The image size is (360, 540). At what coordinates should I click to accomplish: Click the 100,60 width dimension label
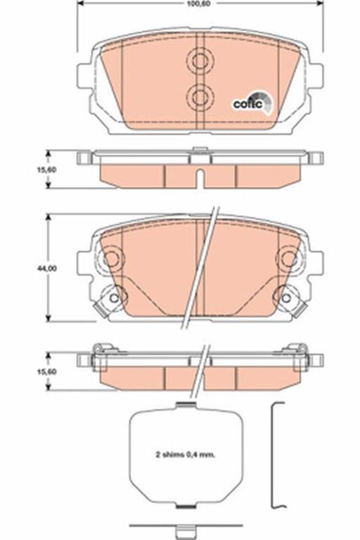coord(200,4)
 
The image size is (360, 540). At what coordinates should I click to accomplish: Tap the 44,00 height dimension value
coord(47,269)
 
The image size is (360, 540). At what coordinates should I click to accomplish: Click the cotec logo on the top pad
coord(253,103)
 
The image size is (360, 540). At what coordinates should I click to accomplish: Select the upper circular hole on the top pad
coord(200,62)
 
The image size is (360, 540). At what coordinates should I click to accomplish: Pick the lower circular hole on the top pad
coord(200,98)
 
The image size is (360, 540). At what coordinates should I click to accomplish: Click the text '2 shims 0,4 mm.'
coord(185,455)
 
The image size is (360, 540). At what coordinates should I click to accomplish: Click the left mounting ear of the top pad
coord(84,76)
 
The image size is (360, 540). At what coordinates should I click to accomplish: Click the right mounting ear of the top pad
coord(315,76)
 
